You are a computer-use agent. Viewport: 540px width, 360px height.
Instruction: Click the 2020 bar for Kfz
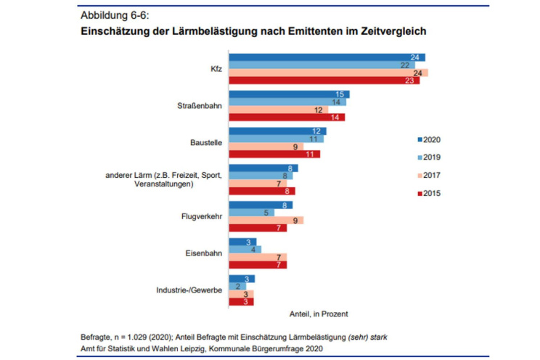point(327,57)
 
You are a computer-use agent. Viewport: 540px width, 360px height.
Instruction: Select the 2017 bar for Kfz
point(328,73)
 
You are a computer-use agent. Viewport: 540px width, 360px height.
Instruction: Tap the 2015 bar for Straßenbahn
point(287,117)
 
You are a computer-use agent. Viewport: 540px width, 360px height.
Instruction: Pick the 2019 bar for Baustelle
point(276,139)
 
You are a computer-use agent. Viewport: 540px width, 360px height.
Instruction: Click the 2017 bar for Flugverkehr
point(266,220)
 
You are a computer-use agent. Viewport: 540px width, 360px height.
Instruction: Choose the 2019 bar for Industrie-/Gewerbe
point(237,286)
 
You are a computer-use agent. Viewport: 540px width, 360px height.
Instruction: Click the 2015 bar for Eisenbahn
point(258,264)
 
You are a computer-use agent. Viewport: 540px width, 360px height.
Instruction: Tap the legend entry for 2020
point(428,139)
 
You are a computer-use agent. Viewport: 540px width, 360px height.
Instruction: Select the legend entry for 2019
point(428,157)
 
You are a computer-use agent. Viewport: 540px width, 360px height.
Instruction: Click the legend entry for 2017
point(428,175)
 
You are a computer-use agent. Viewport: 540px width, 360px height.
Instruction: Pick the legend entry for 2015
point(428,192)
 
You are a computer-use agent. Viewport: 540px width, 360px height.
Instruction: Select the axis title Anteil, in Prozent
point(318,314)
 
